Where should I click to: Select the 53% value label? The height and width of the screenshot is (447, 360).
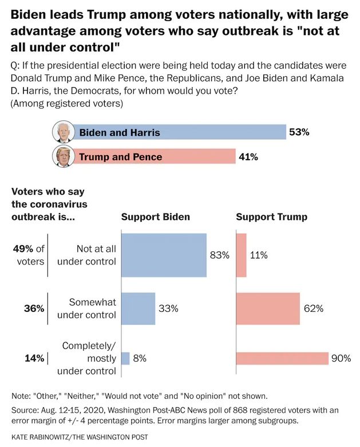(x=299, y=132)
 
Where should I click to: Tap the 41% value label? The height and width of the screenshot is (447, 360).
(x=248, y=156)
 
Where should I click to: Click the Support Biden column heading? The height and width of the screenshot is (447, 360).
(x=155, y=217)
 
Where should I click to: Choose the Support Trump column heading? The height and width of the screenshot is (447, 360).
(x=271, y=217)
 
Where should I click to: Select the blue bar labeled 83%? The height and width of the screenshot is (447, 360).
(x=164, y=255)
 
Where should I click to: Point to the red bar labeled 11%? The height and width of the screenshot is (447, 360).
(x=241, y=255)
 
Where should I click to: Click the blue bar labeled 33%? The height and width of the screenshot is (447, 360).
(x=138, y=308)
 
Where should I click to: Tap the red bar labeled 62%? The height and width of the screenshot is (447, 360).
(x=268, y=308)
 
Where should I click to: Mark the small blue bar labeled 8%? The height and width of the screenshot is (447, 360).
(x=125, y=358)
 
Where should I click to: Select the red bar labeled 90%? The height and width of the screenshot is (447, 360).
(x=282, y=358)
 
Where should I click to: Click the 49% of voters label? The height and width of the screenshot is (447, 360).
(x=29, y=255)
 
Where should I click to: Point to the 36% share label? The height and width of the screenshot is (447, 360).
(x=33, y=308)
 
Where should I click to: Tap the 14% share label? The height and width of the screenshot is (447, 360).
(x=33, y=358)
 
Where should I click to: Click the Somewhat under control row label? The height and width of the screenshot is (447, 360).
(x=92, y=308)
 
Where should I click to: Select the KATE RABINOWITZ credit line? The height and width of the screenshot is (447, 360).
(x=79, y=437)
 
